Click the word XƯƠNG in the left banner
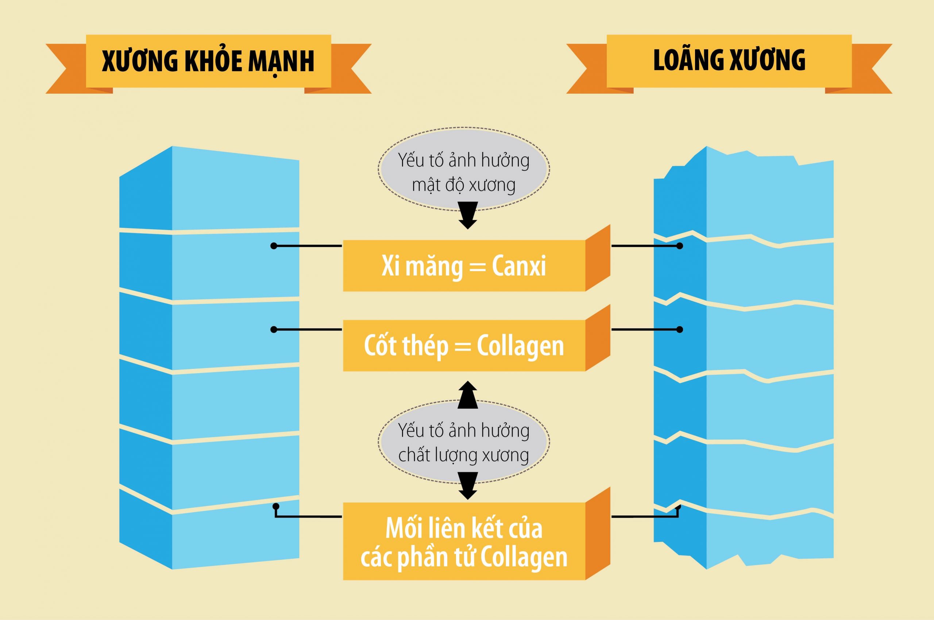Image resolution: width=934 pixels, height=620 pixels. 139,61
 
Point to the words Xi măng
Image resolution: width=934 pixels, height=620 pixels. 422,266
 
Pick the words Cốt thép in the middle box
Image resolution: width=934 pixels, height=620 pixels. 406,345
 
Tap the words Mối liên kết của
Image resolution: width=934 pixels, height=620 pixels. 464,528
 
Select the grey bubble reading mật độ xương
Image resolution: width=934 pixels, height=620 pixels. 464,169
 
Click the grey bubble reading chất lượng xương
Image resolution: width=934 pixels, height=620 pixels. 464,442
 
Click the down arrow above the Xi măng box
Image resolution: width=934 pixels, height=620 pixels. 467,215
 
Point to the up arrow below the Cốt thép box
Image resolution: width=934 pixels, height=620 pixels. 467,395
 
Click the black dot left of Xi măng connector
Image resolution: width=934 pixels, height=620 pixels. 274,246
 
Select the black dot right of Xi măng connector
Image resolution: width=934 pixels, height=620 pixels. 680,246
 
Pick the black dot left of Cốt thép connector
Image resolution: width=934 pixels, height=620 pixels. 274,330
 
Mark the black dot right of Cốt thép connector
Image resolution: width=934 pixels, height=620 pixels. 680,330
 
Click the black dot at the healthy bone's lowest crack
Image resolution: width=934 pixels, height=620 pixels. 276,506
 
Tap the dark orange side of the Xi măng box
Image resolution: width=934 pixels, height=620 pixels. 598,258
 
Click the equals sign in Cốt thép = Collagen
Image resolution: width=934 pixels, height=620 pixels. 463,347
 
